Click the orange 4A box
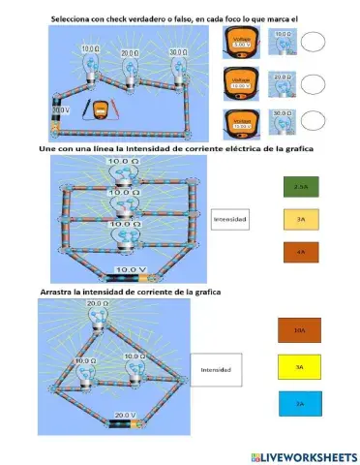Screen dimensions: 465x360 click(x=301, y=251)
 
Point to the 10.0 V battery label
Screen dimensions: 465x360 click(x=130, y=268)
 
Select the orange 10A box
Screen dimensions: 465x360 click(x=299, y=330)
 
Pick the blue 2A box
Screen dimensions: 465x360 click(x=299, y=403)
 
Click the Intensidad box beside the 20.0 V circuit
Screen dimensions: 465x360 click(x=216, y=369)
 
